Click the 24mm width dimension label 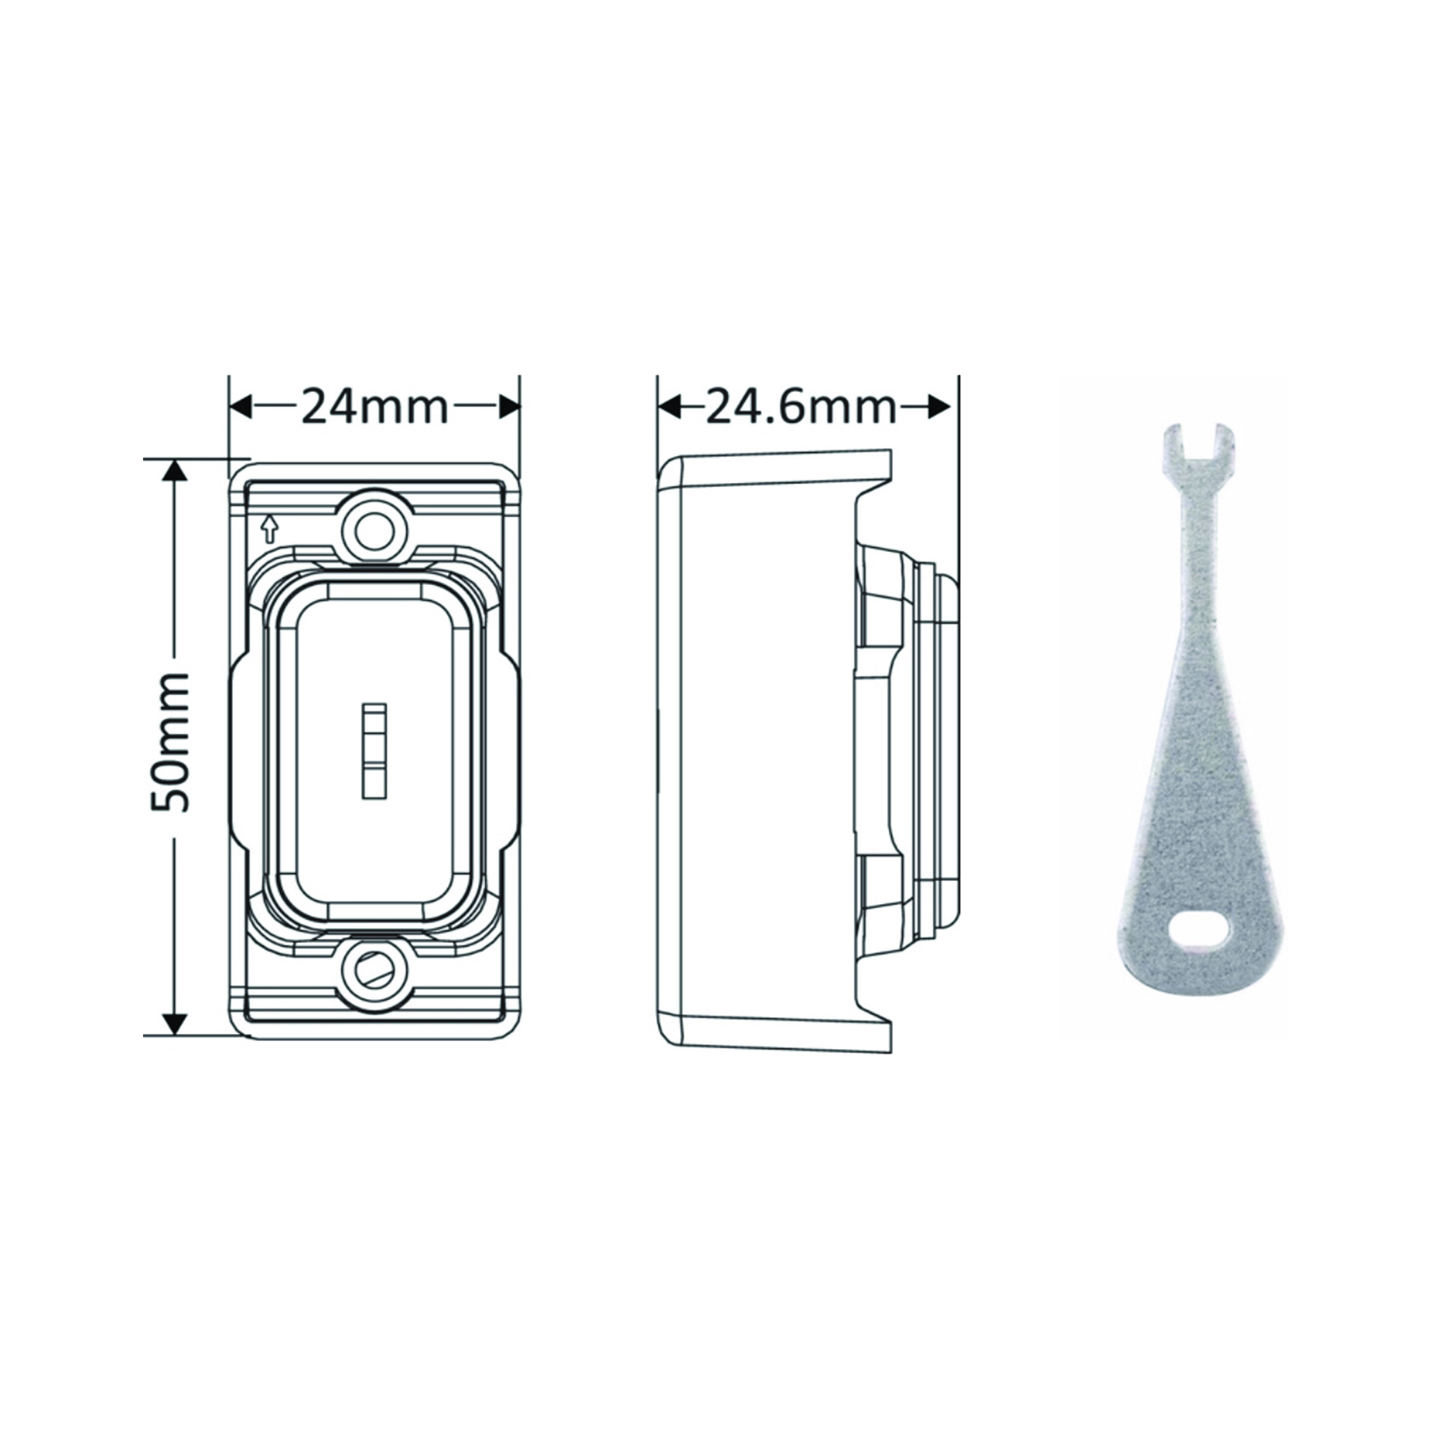coord(374,407)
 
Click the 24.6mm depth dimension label coord(801,407)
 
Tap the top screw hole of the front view coord(374,529)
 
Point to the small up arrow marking coord(268,529)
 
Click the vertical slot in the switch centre coord(374,749)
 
